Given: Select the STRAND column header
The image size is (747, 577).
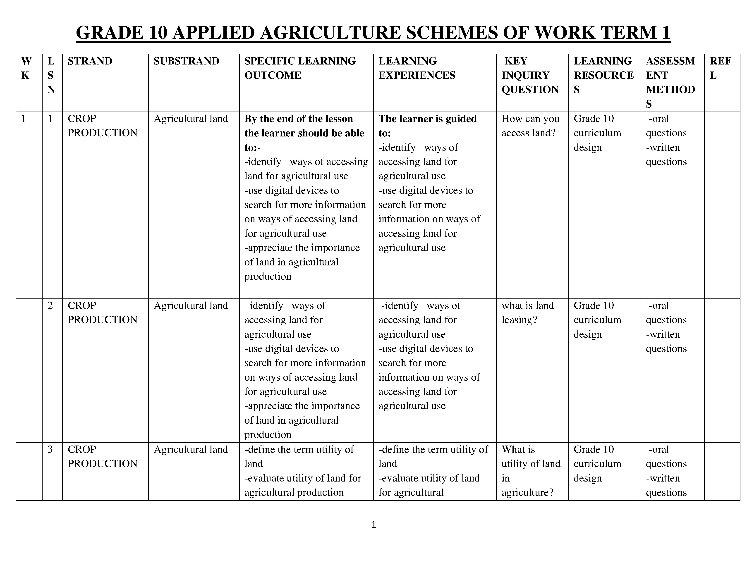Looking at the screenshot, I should pos(90,61).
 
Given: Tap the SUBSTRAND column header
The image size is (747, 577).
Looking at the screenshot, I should pos(186,61).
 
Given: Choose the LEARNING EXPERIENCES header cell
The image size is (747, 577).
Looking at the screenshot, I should pos(417,68).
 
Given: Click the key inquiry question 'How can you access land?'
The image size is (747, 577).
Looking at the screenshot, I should pos(530,126).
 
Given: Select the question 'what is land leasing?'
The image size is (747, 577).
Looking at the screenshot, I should pos(527,312).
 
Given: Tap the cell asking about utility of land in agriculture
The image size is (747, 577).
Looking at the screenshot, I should pos(531,471).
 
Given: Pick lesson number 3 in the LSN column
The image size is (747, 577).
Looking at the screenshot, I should pos(50,449).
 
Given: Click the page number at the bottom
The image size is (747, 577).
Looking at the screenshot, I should pos(373,525).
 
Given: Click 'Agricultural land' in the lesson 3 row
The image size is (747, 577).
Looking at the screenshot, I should pos(191,449).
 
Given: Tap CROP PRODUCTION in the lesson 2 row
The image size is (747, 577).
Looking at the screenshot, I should pos(102,312).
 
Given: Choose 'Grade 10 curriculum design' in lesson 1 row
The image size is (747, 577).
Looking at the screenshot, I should pos(597,133).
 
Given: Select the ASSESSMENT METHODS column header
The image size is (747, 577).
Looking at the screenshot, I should pos(670,82).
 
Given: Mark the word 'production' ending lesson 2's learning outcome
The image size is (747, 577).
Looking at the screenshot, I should pos(268,434).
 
